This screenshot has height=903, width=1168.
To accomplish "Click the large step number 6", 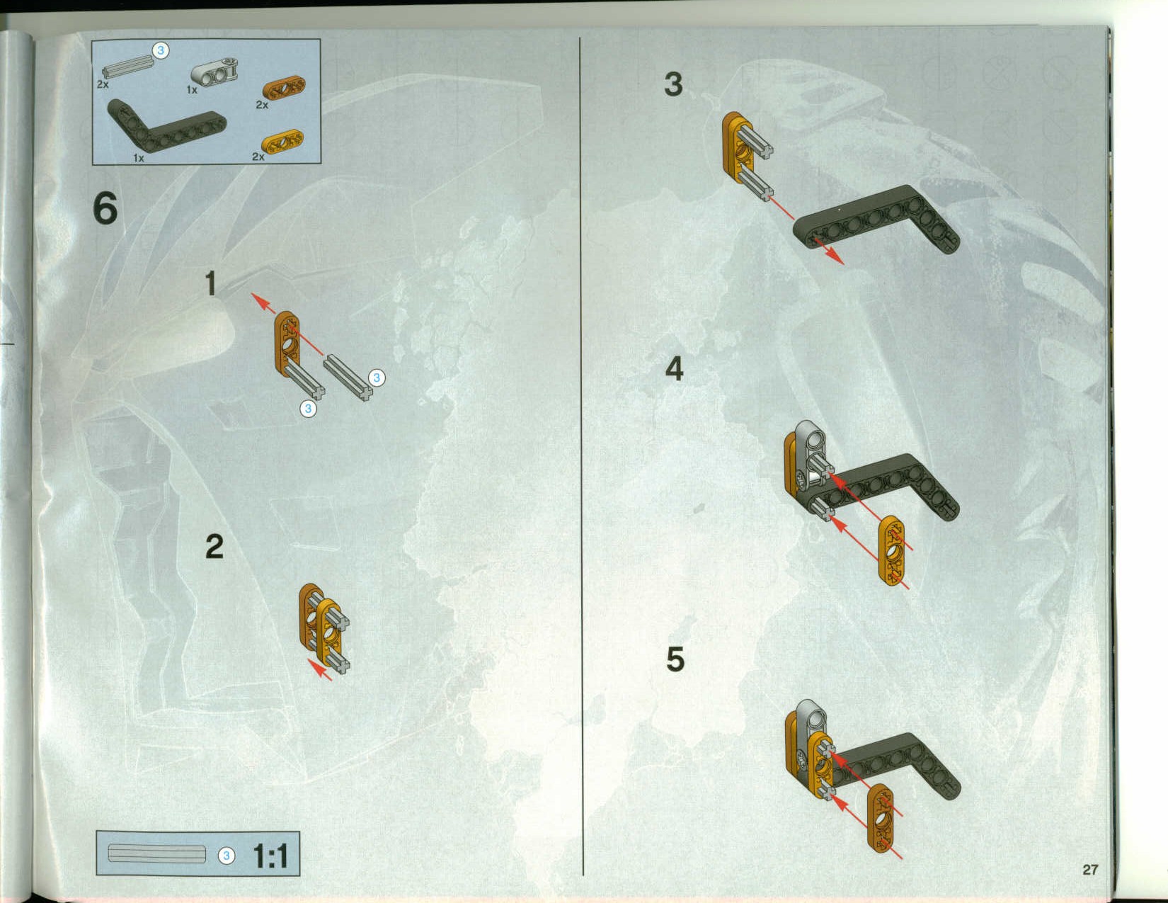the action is pos(105,209).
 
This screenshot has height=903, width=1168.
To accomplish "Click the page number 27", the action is pos(1090,870).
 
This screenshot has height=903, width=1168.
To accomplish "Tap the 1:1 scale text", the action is pos(270,856).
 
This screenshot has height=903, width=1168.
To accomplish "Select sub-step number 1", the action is pos(211,283).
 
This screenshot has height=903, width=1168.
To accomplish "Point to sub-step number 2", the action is pos(214,547).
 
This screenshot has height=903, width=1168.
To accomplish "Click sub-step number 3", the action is pos(673,84).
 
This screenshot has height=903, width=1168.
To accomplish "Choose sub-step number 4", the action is pos(675,368).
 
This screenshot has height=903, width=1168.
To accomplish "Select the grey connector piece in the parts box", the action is pos(214,73).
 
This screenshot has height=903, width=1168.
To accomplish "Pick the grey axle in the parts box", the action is pos(128,66).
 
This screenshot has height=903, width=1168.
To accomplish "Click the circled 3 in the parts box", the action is pos(161,50).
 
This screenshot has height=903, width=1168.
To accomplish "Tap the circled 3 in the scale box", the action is pos(227,856).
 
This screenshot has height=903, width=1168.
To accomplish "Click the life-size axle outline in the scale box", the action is pos(157,853).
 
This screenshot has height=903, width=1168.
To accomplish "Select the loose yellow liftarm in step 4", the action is pos(892,551).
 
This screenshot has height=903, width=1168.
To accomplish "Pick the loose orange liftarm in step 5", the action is pos(881,818).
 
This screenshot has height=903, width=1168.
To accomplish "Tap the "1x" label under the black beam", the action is pos(139,158).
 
